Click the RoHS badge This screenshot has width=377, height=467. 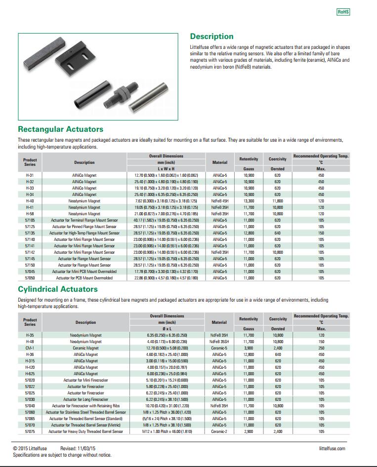tap(343, 12)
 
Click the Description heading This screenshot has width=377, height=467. tap(211, 37)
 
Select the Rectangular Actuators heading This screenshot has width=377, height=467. tap(61, 129)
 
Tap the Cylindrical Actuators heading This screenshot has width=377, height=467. tap(58, 289)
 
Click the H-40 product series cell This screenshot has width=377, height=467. tap(30, 201)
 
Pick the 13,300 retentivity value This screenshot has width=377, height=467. tap(249, 201)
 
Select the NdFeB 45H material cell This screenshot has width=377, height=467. tap(219, 201)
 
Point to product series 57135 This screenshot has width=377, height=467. tap(30, 233)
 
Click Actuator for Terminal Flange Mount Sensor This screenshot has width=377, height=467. tap(84, 220)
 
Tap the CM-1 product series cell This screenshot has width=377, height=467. tap(30, 348)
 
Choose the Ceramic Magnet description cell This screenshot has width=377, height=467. tap(85, 348)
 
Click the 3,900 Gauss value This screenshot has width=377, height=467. tap(249, 348)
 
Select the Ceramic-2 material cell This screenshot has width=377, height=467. tap(219, 431)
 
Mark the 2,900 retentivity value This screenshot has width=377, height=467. tap(249, 431)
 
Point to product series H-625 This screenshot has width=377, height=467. tap(30, 374)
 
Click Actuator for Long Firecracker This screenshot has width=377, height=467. tap(85, 399)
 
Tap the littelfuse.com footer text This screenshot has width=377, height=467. tap(332, 448)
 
